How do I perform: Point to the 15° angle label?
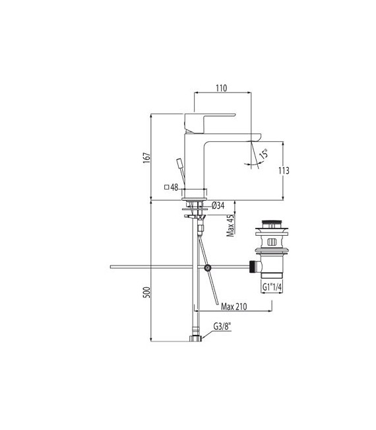click(x=265, y=155)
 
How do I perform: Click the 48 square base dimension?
click(x=175, y=188)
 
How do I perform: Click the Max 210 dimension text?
click(x=234, y=306)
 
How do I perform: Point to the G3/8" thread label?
click(x=224, y=326)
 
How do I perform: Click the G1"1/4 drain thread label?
click(x=274, y=287)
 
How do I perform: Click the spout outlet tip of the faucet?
click(x=254, y=139)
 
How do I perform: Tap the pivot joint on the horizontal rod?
click(x=208, y=268)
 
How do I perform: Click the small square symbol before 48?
click(x=167, y=188)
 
